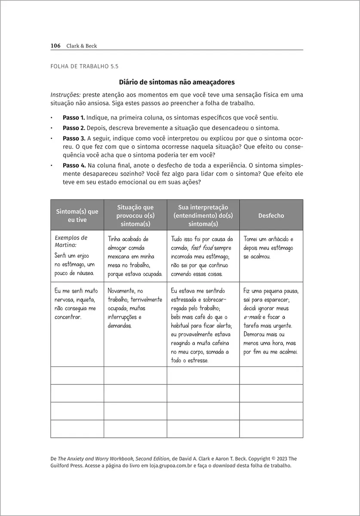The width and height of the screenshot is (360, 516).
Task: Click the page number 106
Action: point(55,46)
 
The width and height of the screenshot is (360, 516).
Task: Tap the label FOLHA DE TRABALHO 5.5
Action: point(84,67)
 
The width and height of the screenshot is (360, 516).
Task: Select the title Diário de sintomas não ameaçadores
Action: point(176,82)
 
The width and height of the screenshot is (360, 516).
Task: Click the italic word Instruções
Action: point(65,95)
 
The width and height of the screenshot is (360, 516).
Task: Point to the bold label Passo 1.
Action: point(74,117)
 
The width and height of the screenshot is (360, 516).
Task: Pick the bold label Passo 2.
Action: point(74,128)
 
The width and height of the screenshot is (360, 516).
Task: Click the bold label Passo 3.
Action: point(74,138)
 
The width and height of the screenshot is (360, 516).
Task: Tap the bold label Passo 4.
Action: point(74,166)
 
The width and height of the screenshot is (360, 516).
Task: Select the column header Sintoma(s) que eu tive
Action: point(77,215)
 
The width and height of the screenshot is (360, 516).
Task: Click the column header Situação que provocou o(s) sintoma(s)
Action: point(135,215)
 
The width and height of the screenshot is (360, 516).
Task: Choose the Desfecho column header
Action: point(271,215)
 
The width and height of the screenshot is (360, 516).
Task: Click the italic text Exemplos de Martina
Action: point(71,241)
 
